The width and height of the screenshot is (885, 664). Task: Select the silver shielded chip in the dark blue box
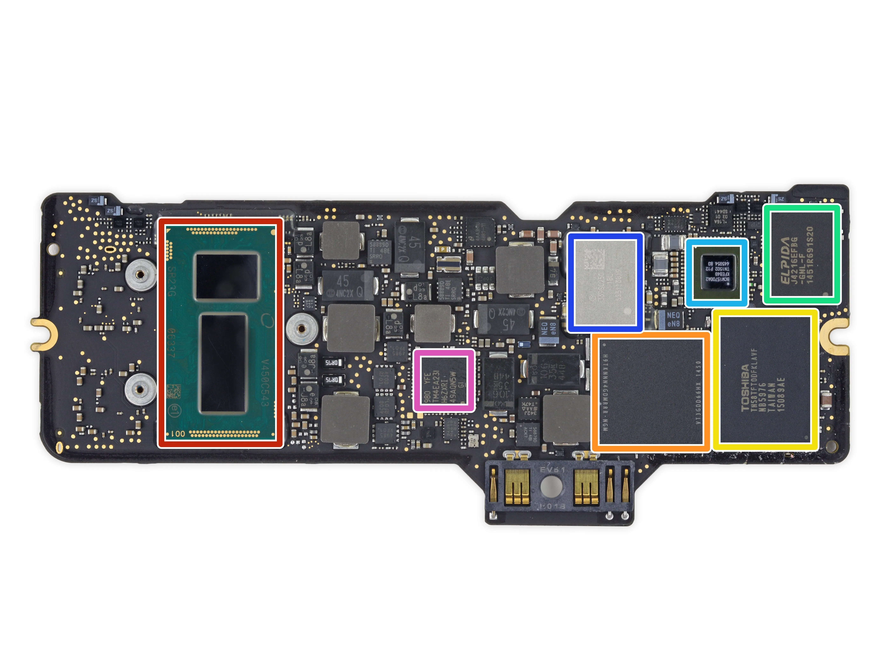click(605, 283)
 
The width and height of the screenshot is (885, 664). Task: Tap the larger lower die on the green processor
click(223, 363)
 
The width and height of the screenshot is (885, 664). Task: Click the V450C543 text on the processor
click(265, 382)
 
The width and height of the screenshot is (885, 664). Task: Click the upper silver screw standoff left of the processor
click(140, 275)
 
